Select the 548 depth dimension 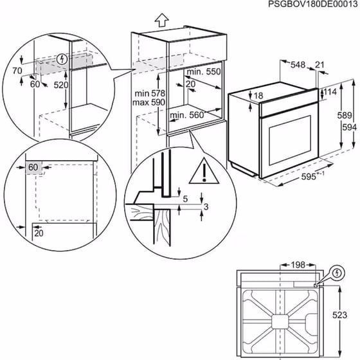click(x=297, y=64)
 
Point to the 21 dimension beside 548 click(x=320, y=64)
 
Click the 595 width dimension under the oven click(x=312, y=177)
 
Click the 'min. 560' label click(x=188, y=116)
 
